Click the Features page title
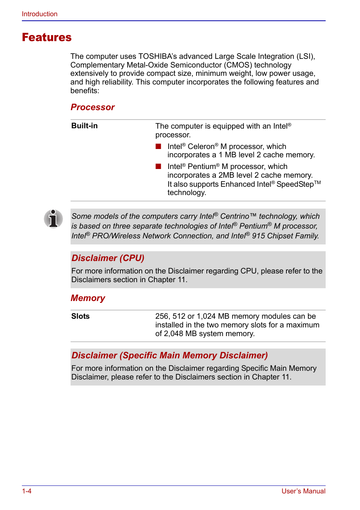tap(47, 37)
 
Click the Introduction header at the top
tap(40, 14)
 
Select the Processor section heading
tap(92, 107)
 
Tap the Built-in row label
tap(85, 126)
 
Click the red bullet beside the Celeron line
tap(158, 146)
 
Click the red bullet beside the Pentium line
tap(158, 166)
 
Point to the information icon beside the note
tap(53, 219)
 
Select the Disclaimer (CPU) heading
tap(108, 258)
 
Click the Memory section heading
tap(88, 298)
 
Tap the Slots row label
tap(80, 316)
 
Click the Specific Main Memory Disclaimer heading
tap(169, 355)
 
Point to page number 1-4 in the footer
tap(27, 491)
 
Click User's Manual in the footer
tap(303, 491)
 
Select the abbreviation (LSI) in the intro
tap(305, 57)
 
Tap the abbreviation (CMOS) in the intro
tap(237, 65)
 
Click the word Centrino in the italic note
tap(234, 216)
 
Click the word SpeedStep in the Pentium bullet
tap(295, 184)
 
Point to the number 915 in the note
tap(258, 236)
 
